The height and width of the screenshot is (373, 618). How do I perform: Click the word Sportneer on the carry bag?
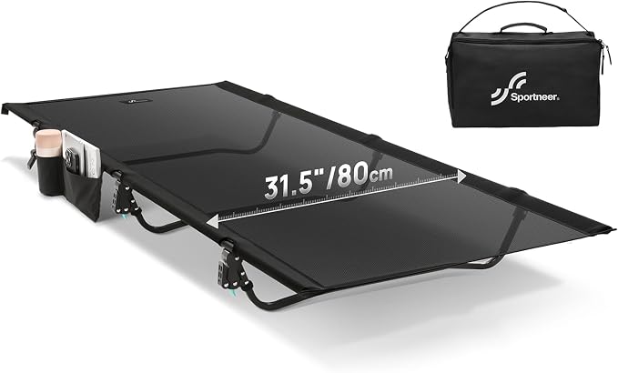point(534,97)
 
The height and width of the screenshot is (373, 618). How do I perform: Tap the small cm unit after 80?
point(380,174)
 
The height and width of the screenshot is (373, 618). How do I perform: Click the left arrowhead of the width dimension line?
point(212,222)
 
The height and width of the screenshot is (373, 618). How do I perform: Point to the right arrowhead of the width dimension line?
point(461,176)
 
